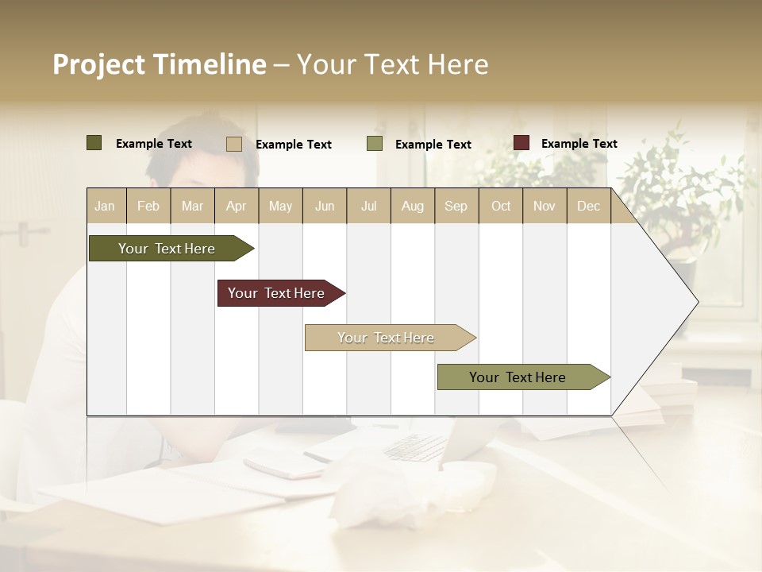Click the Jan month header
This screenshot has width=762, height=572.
click(106, 206)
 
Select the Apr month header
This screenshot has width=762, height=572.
click(237, 206)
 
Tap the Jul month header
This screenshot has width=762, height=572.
click(368, 206)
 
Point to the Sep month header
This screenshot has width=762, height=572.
click(456, 206)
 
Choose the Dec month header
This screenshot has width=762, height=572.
click(588, 206)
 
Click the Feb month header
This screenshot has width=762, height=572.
click(148, 206)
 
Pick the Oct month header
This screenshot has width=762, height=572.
click(501, 206)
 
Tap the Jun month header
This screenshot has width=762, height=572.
click(325, 206)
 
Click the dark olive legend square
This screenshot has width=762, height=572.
click(94, 143)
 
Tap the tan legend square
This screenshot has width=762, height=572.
click(234, 144)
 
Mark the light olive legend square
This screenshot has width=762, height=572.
click(375, 144)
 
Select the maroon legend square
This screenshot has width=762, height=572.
click(521, 143)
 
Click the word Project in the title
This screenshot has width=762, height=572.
click(98, 64)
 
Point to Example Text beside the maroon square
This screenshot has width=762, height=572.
click(579, 144)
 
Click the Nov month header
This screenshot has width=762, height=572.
click(545, 206)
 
